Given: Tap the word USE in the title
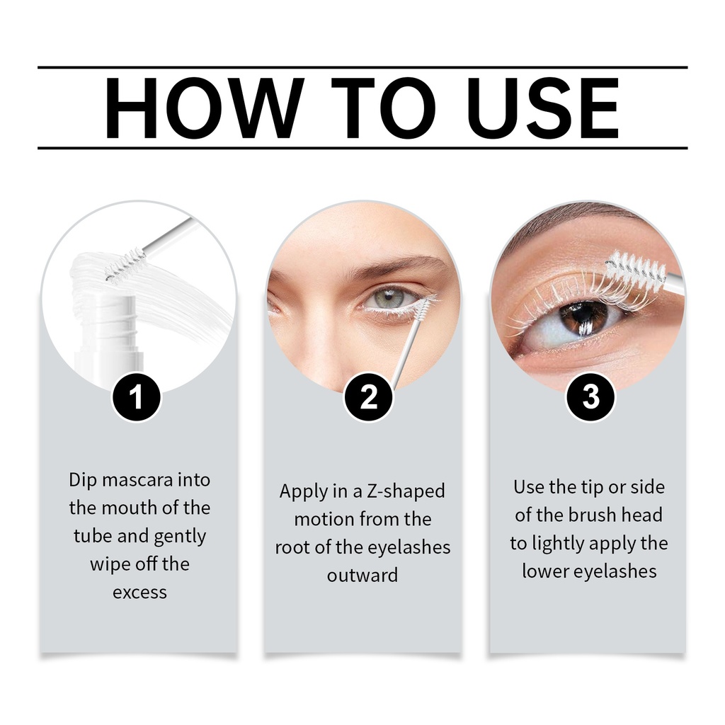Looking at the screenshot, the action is pyautogui.click(x=547, y=108).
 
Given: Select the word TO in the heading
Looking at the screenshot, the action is pyautogui.click(x=384, y=108).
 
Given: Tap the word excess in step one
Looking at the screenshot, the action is pyautogui.click(x=139, y=593).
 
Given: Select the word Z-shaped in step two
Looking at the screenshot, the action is pyautogui.click(x=406, y=491).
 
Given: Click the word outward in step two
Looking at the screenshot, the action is pyautogui.click(x=362, y=575).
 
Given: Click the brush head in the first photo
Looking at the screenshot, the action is pyautogui.click(x=125, y=264).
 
